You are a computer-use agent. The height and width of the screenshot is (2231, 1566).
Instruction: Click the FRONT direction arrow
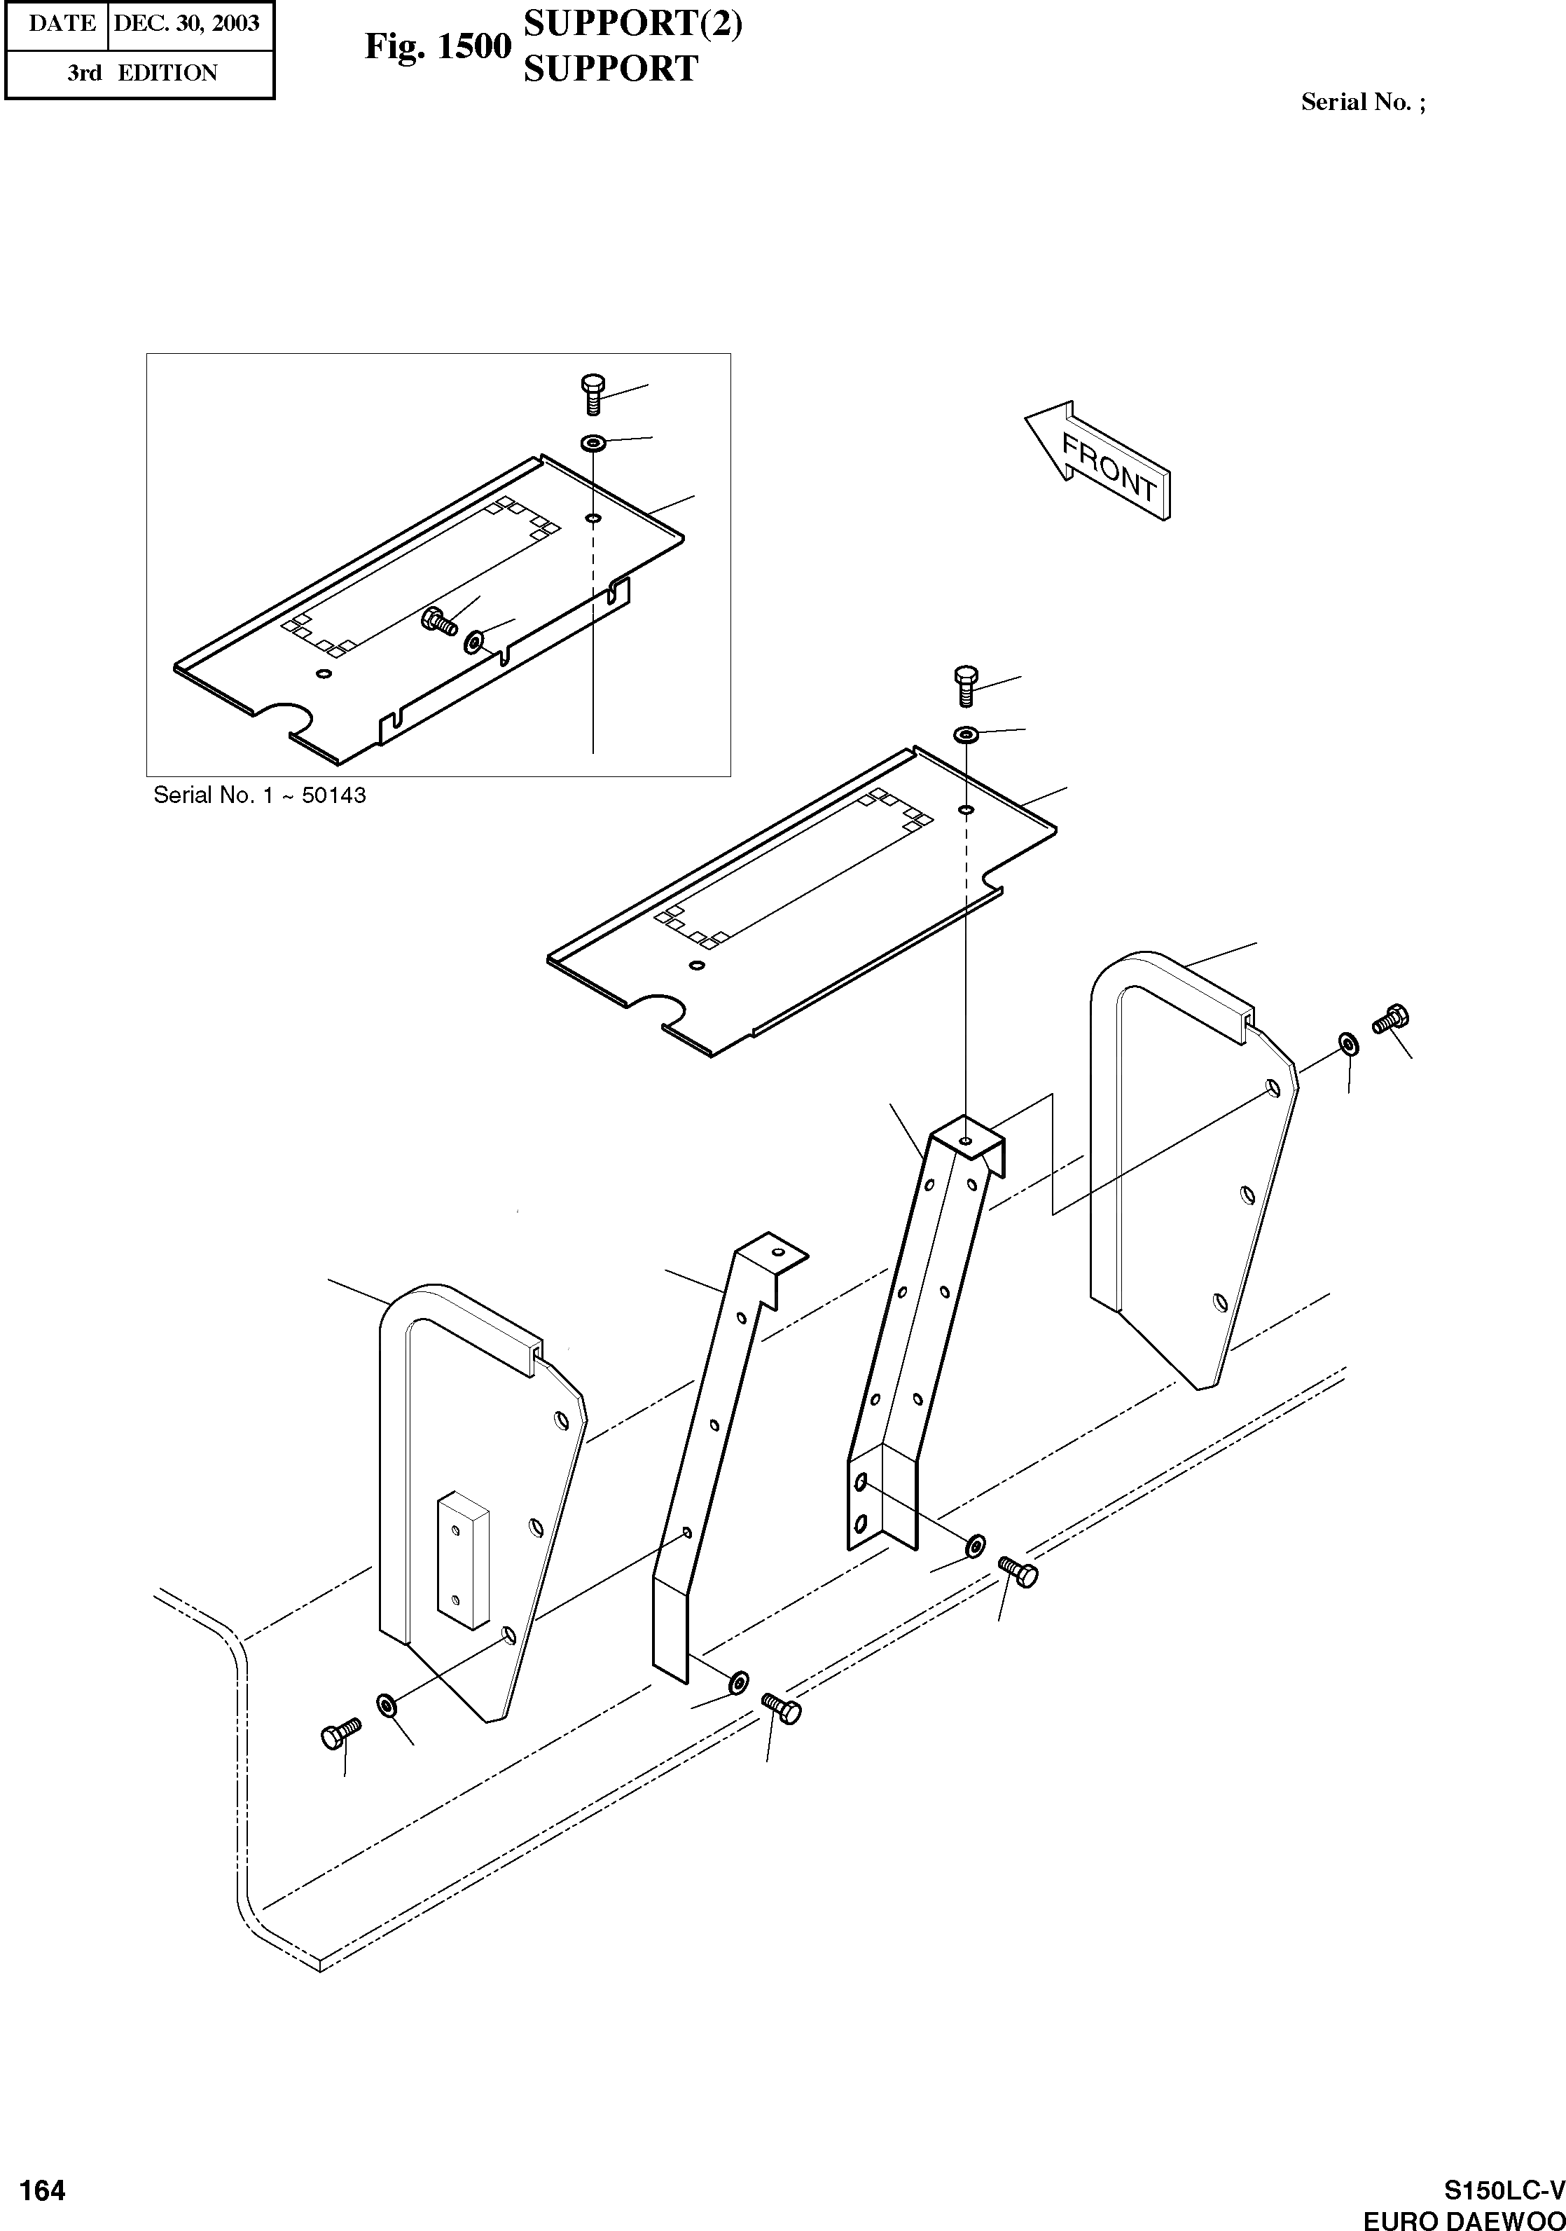click(1097, 462)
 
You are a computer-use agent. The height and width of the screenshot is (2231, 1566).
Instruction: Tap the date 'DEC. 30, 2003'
click(186, 23)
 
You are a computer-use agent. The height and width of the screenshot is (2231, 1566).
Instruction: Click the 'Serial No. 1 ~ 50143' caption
click(259, 795)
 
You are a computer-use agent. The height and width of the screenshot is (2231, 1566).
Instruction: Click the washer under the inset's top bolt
click(593, 443)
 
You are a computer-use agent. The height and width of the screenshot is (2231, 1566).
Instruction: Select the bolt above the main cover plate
click(966, 686)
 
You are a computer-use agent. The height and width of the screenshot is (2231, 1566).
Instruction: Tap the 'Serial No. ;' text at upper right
click(1363, 102)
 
